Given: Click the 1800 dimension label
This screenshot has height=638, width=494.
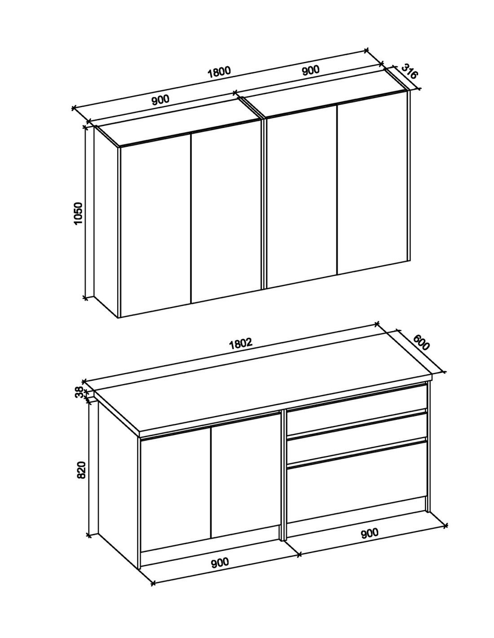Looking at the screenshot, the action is click(x=219, y=73).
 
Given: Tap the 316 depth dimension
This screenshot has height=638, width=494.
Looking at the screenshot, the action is click(x=409, y=71).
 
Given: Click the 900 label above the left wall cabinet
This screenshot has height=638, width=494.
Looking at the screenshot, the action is click(x=160, y=100).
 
